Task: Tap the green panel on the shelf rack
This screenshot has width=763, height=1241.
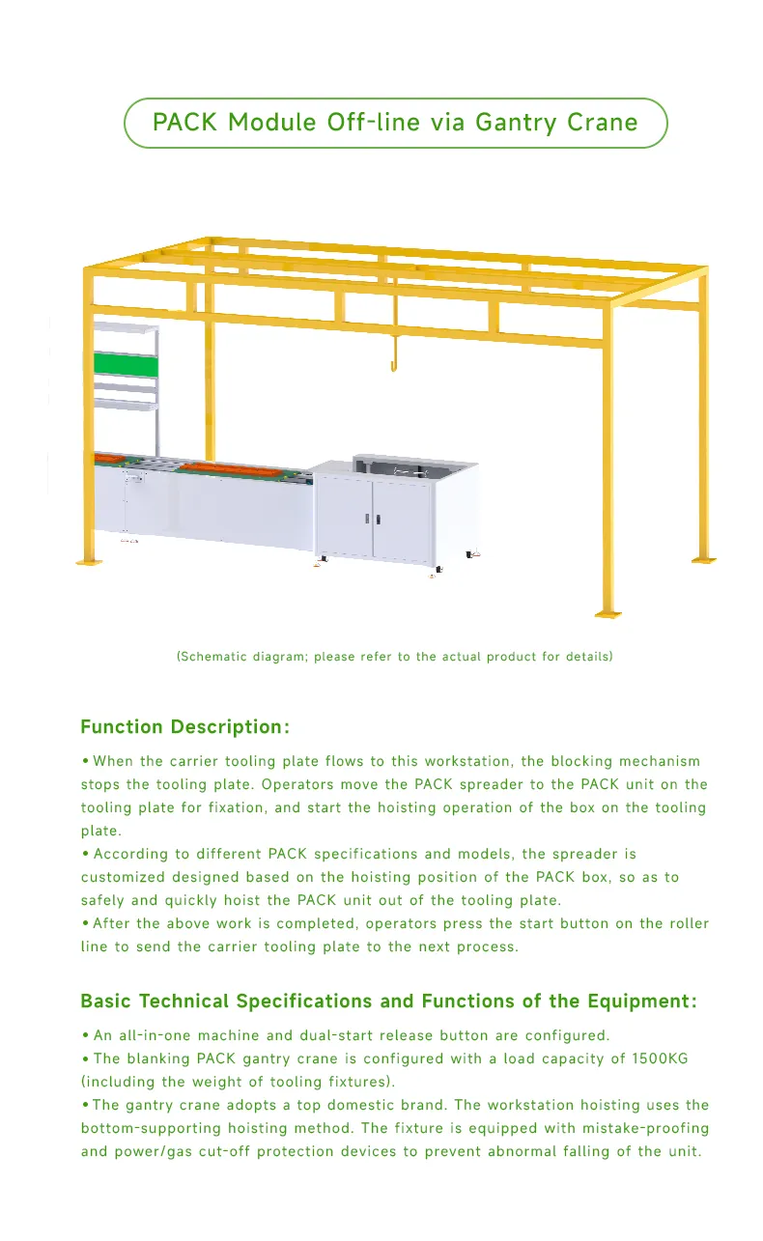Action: coord(125,364)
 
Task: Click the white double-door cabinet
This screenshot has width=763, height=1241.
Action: coord(374,518)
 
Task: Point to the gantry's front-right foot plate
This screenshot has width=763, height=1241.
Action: coord(608,611)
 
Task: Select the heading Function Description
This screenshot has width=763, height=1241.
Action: coord(184,726)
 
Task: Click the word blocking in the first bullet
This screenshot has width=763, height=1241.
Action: coord(580,761)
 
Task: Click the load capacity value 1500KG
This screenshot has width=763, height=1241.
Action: coord(660,1058)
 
